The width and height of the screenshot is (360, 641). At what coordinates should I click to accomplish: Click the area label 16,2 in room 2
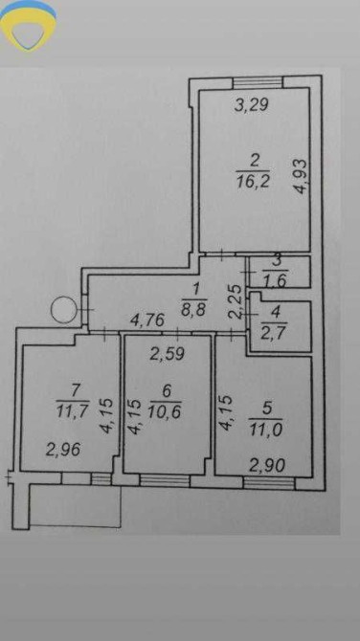pyautogui.click(x=253, y=180)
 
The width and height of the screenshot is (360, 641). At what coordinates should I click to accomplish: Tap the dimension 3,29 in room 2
pyautogui.click(x=252, y=105)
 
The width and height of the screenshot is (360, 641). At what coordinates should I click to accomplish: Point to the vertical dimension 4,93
pyautogui.click(x=301, y=177)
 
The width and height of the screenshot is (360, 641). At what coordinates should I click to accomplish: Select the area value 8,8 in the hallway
pyautogui.click(x=195, y=306)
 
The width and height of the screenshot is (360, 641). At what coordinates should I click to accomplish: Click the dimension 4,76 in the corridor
pyautogui.click(x=147, y=320)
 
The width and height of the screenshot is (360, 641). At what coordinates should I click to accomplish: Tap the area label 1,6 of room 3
pyautogui.click(x=276, y=281)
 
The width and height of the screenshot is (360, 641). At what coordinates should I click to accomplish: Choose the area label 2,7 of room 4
pyautogui.click(x=276, y=329)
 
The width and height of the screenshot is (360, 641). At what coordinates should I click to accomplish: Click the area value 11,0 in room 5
pyautogui.click(x=266, y=430)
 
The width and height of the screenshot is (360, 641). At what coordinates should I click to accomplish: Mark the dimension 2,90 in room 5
pyautogui.click(x=268, y=465)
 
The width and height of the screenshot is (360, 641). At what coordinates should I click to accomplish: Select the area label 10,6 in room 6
pyautogui.click(x=166, y=410)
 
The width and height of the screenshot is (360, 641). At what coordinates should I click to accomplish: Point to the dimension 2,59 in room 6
pyautogui.click(x=167, y=354)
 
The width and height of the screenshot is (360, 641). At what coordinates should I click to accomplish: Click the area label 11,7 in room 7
pyautogui.click(x=73, y=410)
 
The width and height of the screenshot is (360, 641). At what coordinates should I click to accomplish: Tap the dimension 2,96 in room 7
pyautogui.click(x=62, y=450)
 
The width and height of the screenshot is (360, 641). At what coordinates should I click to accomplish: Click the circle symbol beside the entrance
pyautogui.click(x=64, y=310)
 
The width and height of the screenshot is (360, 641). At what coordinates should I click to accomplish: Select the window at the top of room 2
pyautogui.click(x=258, y=81)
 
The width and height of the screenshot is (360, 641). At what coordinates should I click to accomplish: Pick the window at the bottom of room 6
pyautogui.click(x=165, y=480)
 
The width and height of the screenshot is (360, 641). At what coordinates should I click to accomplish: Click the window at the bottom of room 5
pyautogui.click(x=269, y=483)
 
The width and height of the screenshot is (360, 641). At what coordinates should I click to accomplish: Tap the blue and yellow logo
pyautogui.click(x=28, y=25)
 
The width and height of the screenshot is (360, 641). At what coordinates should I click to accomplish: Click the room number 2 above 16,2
pyautogui.click(x=254, y=161)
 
